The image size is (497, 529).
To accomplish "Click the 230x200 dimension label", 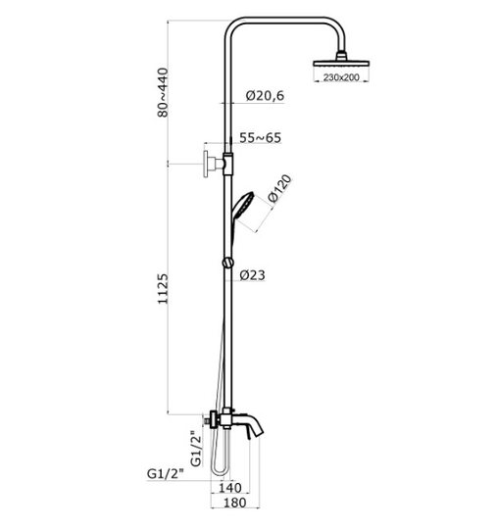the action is coord(341,77).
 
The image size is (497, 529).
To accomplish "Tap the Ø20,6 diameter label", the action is coord(265,96).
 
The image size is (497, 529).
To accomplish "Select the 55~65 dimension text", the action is coord(260,138).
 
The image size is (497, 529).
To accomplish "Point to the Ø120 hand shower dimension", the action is coord(279,188).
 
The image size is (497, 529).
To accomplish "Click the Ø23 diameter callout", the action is coord(252,275).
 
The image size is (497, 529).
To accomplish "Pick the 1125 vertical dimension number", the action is coord(163,289).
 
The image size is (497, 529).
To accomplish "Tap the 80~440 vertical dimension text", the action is coord(163,92).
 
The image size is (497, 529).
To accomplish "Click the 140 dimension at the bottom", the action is coord(230,488).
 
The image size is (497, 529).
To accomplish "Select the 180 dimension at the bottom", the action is coord(234,503).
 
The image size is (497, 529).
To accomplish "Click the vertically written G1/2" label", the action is coord(195,449).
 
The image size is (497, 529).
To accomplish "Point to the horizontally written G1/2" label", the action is coord(165,474).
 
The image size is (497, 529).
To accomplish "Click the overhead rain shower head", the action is coord(341,63).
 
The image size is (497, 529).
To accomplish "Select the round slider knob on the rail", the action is coord(227,263).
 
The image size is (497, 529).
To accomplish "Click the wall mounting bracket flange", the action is coord(206,165).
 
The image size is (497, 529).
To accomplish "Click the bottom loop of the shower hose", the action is coord(221,471).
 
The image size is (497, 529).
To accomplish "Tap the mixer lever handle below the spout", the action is coord(249,434).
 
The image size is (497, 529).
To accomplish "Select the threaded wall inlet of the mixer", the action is coord(205,421).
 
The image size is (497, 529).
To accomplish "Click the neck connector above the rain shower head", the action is coord(341,56).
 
